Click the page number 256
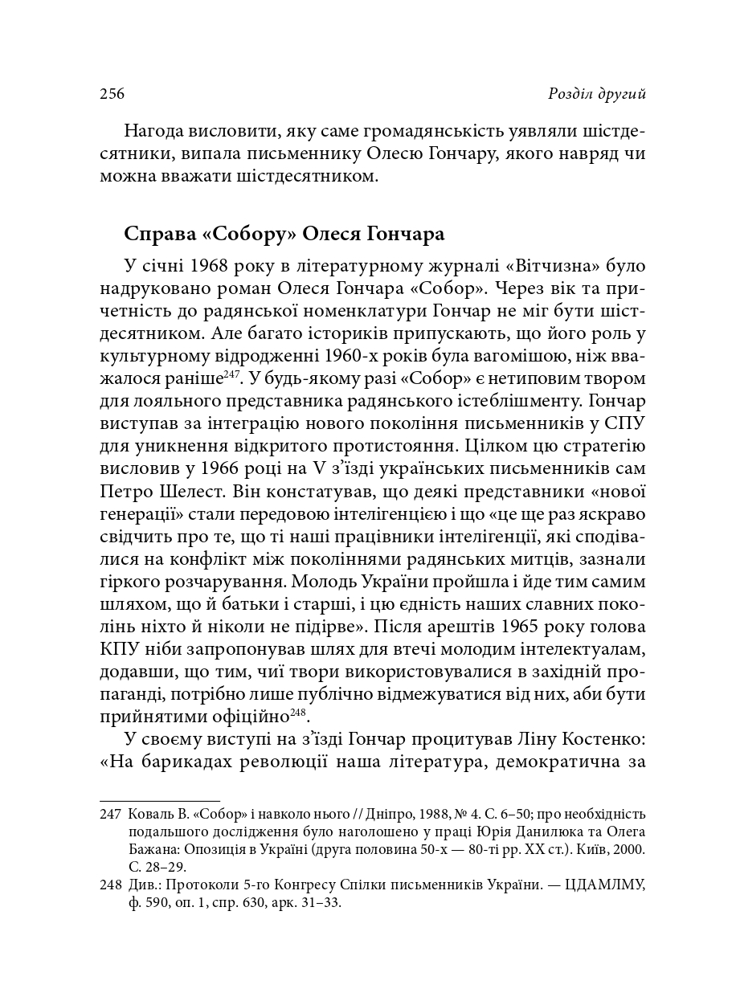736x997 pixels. pyautogui.click(x=112, y=94)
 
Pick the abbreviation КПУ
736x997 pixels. pyautogui.click(x=120, y=648)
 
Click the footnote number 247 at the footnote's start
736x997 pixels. pyautogui.click(x=110, y=815)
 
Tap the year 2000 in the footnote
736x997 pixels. pyautogui.click(x=632, y=849)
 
